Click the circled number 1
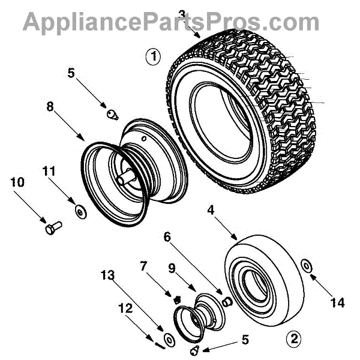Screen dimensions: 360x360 [x=154, y=57]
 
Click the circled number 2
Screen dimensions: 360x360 [x=294, y=338]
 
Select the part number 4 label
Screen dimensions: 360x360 [x=211, y=211]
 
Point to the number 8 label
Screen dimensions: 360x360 [x=50, y=107]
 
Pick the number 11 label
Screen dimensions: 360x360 [x=49, y=172]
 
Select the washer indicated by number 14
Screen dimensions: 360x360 [x=306, y=265]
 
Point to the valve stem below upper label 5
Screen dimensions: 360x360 [x=111, y=113]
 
